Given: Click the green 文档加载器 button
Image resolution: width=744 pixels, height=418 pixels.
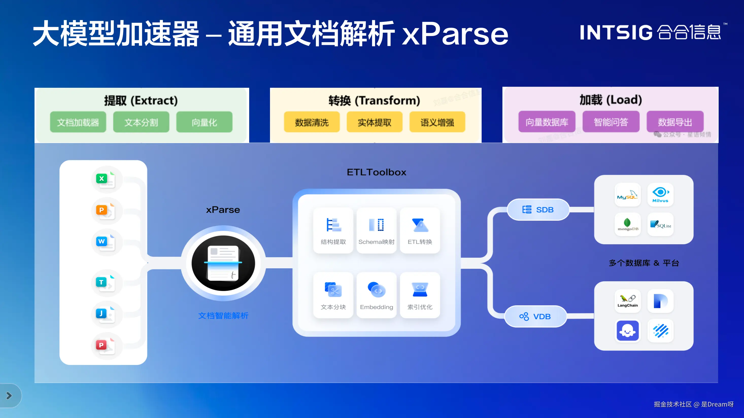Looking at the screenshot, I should tap(78, 122).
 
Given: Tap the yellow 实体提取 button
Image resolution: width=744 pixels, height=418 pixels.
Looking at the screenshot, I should tap(374, 122).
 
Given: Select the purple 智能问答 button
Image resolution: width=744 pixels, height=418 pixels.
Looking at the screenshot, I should tap(611, 122).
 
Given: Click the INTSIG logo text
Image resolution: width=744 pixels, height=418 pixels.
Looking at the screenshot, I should tap(616, 32).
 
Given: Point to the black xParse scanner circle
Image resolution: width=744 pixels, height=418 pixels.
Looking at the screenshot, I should tap(223, 263).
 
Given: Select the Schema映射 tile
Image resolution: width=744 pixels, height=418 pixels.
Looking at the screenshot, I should tap(376, 230).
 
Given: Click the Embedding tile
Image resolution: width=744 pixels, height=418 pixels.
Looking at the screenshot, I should tap(376, 295).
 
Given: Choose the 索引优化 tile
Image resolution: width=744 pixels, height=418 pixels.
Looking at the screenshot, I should tap(420, 295).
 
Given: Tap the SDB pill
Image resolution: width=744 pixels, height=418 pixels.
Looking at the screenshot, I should tap(538, 210).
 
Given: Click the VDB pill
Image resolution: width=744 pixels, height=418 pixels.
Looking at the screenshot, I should tap(535, 316).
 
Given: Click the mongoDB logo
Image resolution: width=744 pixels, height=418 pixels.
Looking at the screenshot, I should tap(628, 224).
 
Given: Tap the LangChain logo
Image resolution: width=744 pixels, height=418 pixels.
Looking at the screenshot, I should tap(628, 301).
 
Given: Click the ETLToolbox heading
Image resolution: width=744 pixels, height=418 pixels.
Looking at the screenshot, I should tap(376, 172).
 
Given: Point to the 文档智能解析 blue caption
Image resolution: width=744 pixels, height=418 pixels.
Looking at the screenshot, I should tap(223, 316).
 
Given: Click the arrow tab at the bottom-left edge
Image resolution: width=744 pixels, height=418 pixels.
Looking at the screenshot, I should tap(9, 395).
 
